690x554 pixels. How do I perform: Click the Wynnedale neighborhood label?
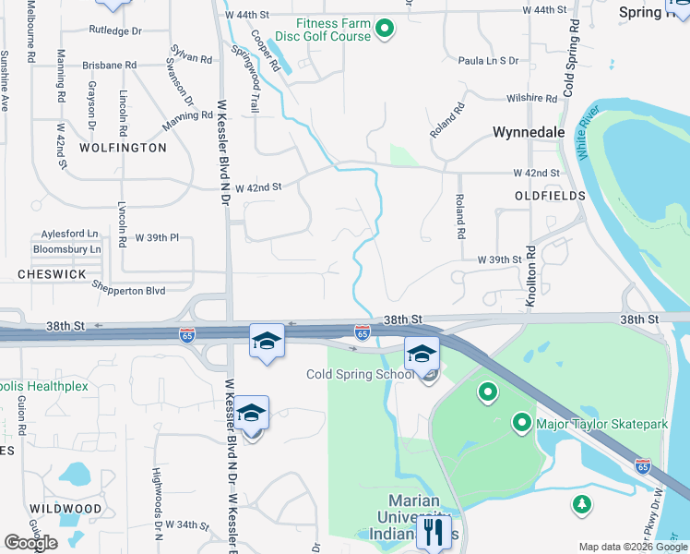(528, 132)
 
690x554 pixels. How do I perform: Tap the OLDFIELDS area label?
(550, 197)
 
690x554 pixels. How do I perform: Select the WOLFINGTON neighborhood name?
(123, 148)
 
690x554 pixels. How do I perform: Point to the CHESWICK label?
(52, 275)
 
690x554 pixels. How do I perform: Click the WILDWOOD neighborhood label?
(65, 509)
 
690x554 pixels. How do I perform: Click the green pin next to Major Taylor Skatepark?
(521, 423)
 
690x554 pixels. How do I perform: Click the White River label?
(589, 138)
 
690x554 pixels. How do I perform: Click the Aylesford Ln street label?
(71, 235)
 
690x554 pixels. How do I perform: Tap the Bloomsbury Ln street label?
(66, 249)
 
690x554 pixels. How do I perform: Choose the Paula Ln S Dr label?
(488, 61)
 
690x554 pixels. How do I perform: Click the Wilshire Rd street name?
(523, 97)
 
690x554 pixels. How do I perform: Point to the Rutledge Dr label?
(115, 30)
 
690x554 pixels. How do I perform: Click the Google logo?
(30, 543)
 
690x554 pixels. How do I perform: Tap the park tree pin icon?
(582, 504)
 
